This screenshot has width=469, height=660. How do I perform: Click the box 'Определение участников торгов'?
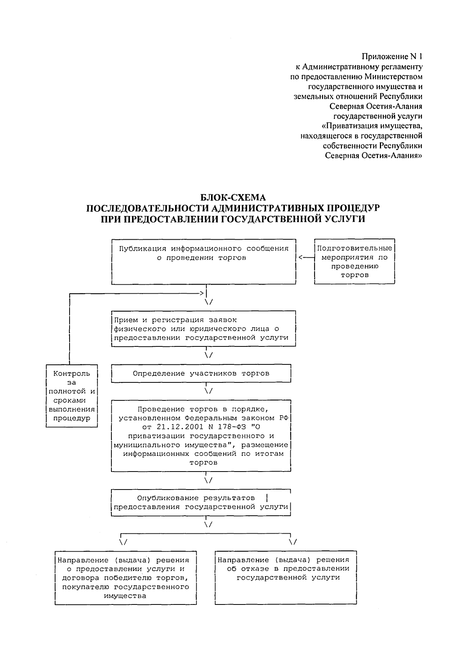201,373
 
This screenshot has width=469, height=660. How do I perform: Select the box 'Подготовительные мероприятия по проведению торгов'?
354,261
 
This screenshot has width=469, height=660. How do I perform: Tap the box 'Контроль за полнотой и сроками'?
72,396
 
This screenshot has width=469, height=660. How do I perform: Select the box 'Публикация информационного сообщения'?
204,261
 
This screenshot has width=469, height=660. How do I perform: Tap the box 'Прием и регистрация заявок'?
204,328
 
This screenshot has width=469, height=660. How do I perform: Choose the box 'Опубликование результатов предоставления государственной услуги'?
201,503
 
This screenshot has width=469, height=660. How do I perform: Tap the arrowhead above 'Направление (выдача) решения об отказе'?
292,542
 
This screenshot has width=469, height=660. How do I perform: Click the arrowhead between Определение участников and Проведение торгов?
208,391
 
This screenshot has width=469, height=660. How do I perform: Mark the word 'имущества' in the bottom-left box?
125,596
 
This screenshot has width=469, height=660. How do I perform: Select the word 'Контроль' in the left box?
72,373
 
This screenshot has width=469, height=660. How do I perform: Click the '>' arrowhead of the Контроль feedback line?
202,293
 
